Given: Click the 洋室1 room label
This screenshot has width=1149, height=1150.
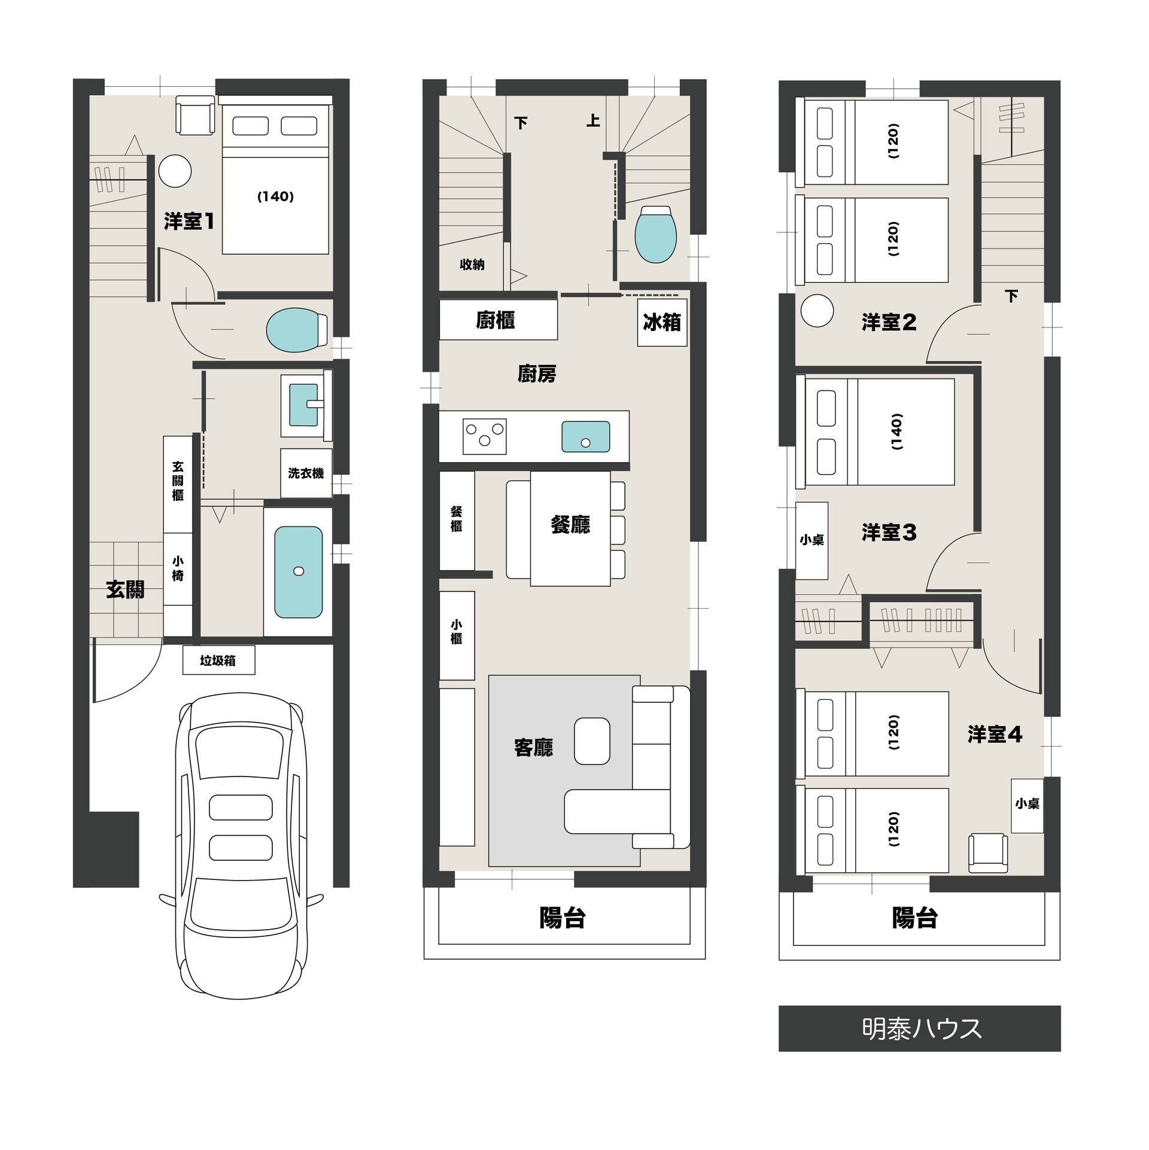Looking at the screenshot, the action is click(189, 221).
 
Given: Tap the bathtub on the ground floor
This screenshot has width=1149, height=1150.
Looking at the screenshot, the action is click(298, 572).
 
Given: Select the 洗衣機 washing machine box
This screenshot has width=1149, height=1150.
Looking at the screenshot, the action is click(306, 473).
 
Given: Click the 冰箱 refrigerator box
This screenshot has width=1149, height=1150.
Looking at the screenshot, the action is click(662, 323).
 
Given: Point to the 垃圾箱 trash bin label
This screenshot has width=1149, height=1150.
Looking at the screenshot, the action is click(218, 660).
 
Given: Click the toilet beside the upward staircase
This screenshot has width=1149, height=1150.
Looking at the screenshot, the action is click(656, 234).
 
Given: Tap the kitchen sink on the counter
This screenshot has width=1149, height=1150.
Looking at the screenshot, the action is click(585, 436).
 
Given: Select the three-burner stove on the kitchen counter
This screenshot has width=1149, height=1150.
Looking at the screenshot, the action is click(485, 436).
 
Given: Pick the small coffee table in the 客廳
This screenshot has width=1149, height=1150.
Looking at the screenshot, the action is click(592, 741).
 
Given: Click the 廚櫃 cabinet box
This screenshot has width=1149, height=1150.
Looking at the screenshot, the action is click(498, 320).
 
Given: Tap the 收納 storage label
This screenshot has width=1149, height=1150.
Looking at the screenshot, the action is click(472, 265).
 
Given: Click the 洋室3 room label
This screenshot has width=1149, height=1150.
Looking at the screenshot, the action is click(889, 532).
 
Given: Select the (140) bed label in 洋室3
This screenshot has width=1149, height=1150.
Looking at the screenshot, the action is click(896, 432).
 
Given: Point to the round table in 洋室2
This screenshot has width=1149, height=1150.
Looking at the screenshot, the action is click(817, 311).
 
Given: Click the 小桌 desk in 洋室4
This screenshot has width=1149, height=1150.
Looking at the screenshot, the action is click(1027, 805).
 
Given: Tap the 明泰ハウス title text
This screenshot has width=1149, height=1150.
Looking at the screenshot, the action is click(922, 1028).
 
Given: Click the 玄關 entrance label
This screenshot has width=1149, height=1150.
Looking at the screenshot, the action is click(125, 590).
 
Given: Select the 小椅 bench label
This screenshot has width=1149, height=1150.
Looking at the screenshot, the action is click(178, 569).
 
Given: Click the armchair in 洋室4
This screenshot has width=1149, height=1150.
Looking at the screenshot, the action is click(988, 853).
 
